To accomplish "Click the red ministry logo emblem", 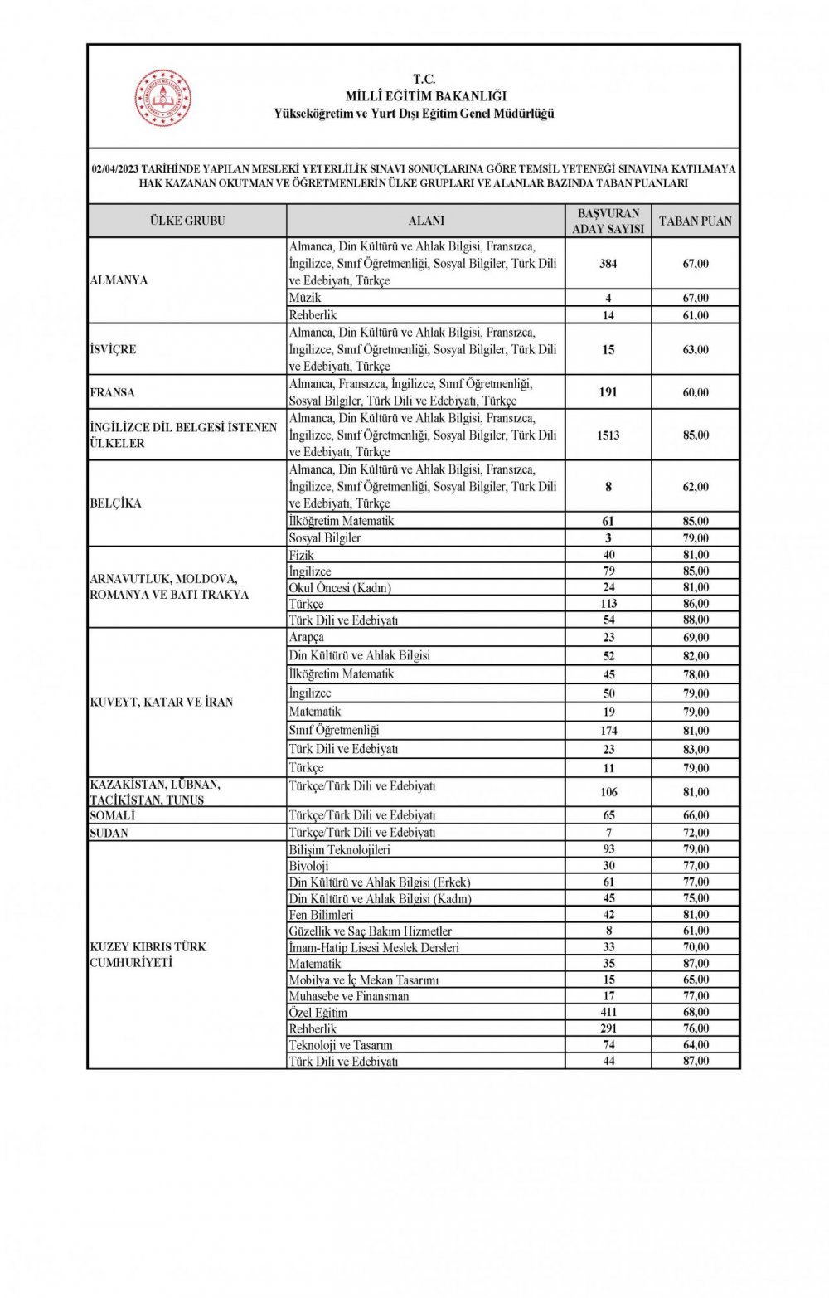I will coord(163,98).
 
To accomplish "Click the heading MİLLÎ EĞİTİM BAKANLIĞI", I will coord(425,96).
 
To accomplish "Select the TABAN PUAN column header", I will coord(695,221).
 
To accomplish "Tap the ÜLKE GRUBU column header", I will coord(187,221).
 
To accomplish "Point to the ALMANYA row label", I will coord(119,280).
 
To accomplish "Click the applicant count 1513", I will coord(608,435).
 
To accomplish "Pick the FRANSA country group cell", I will coord(112,392).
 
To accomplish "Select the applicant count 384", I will coord(608,264).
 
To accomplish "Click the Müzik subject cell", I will coord(304,298).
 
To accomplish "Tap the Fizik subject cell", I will coord(302,555).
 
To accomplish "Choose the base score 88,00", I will coord(696,620).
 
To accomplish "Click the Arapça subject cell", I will coord(306,638).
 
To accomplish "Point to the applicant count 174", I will coord(608,731).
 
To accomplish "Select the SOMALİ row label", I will coord(112,816).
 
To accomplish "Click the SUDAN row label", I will coord(109,833).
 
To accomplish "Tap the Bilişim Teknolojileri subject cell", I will coord(339,850).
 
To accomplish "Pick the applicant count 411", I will coord(608,1013).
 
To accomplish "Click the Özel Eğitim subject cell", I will coord(318,1013).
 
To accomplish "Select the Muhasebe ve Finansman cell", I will coord(348,996).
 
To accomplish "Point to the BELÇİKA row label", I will coord(115,503).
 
